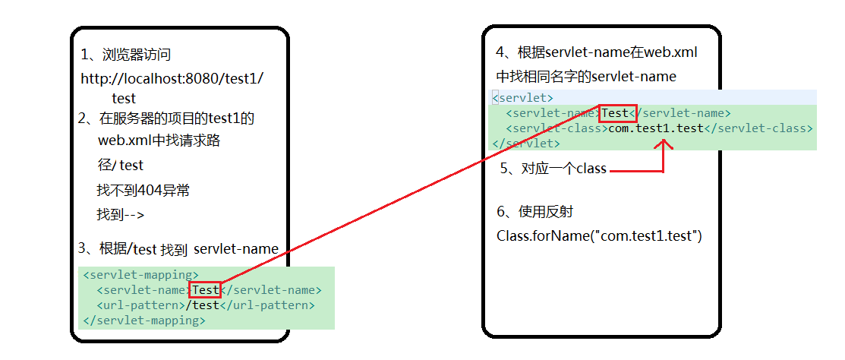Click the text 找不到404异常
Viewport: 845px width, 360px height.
pyautogui.click(x=143, y=191)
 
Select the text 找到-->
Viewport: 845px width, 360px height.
pyautogui.click(x=120, y=215)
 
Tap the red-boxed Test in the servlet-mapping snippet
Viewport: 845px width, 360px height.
pyautogui.click(x=206, y=289)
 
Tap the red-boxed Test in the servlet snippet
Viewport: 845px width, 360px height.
pyautogui.click(x=615, y=113)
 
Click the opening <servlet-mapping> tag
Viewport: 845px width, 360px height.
pyautogui.click(x=140, y=275)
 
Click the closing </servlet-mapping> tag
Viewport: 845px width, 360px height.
pyautogui.click(x=143, y=321)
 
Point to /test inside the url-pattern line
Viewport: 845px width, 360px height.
pyautogui.click(x=203, y=305)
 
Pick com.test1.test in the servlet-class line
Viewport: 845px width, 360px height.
pyautogui.click(x=656, y=128)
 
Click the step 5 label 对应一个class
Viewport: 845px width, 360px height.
pyautogui.click(x=553, y=169)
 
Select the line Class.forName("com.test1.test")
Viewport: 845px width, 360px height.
pyautogui.click(x=599, y=236)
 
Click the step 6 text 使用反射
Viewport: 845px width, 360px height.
pyautogui.click(x=540, y=212)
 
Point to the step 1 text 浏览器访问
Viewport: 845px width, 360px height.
pyautogui.click(x=125, y=55)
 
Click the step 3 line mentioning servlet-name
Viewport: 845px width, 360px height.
pyautogui.click(x=178, y=248)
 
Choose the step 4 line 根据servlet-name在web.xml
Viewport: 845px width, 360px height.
pyautogui.click(x=596, y=52)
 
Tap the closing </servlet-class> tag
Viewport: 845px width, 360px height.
pyautogui.click(x=758, y=128)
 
